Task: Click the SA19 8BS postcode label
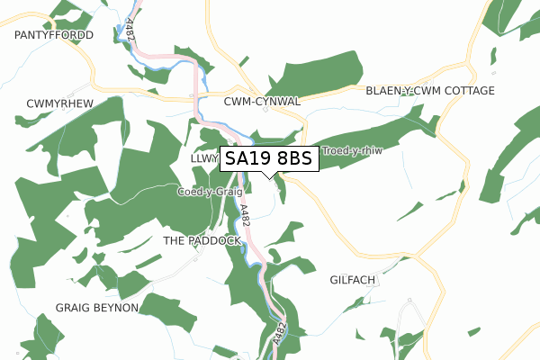click(269, 159)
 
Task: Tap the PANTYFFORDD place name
click(54, 35)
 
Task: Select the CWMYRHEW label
click(60, 103)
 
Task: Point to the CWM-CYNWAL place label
click(262, 103)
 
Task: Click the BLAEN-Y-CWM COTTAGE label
click(430, 92)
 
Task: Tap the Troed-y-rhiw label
click(352, 151)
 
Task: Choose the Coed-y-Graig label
click(210, 192)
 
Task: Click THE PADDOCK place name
click(202, 241)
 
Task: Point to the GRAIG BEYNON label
click(97, 308)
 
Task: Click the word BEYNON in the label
click(116, 308)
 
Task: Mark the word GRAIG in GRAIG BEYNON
click(73, 308)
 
